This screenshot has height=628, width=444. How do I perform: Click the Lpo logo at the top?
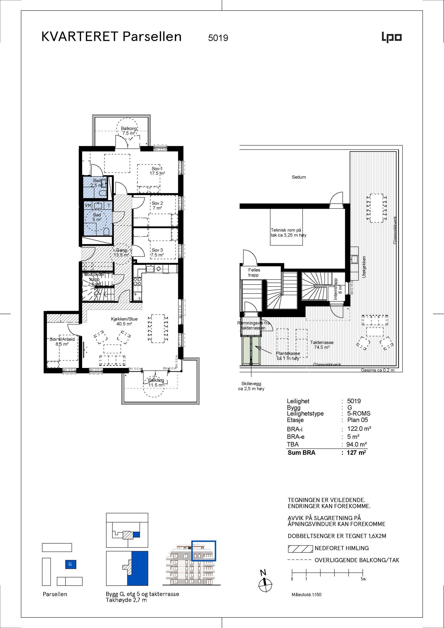click(x=392, y=37)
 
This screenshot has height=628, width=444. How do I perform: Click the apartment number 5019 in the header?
click(x=218, y=38)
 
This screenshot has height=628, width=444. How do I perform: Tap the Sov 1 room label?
click(x=157, y=171)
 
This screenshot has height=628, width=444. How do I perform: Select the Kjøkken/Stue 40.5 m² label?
click(x=124, y=321)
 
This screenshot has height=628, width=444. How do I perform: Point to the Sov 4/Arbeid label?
click(x=62, y=342)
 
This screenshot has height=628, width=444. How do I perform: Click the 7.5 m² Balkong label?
click(x=129, y=131)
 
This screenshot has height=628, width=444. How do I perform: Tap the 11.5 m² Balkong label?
click(x=156, y=383)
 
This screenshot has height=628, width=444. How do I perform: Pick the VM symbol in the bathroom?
click(x=88, y=206)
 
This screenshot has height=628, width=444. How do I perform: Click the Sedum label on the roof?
click(x=299, y=177)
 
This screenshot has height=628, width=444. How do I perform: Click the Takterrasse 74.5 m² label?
click(x=322, y=345)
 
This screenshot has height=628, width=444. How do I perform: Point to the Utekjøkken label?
click(x=364, y=267)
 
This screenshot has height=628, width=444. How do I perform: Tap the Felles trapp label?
click(x=254, y=272)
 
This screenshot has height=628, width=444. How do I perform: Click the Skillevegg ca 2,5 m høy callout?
click(x=251, y=386)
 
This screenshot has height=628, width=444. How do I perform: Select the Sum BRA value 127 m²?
click(x=356, y=453)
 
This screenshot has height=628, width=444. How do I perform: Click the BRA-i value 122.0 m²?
click(x=359, y=429)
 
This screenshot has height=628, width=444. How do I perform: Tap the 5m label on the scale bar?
click(x=363, y=579)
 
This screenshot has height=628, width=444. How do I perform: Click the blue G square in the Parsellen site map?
click(x=70, y=564)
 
